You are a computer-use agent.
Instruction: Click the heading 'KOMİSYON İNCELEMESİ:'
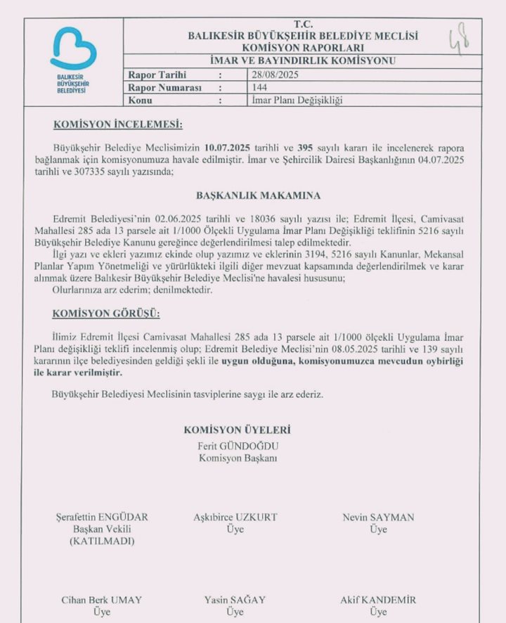(118, 125)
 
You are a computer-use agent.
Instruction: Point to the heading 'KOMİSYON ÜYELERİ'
(237, 430)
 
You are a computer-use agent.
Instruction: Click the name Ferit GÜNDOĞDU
(238, 444)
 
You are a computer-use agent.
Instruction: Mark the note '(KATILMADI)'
(103, 541)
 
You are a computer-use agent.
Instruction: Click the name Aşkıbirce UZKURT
(235, 517)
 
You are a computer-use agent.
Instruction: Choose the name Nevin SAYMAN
(378, 517)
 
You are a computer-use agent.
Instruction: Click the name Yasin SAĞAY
(235, 600)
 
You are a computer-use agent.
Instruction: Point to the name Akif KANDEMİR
(378, 600)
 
